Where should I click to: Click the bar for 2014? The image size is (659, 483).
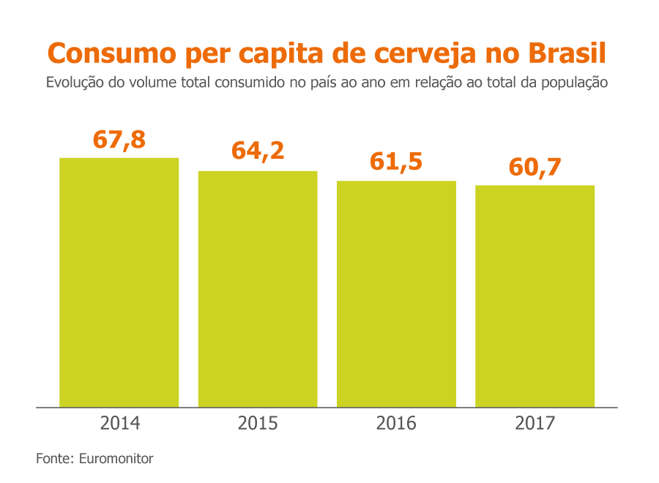pyautogui.click(x=119, y=282)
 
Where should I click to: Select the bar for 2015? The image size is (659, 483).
pyautogui.click(x=258, y=288)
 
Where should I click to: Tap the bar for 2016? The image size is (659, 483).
pyautogui.click(x=396, y=293)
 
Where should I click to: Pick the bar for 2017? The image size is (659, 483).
pyautogui.click(x=535, y=296)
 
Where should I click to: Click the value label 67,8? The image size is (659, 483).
pyautogui.click(x=119, y=139)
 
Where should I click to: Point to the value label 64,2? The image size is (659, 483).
pyautogui.click(x=258, y=151)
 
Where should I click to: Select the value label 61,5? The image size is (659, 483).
pyautogui.click(x=396, y=161)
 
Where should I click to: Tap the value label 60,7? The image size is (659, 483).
pyautogui.click(x=535, y=167)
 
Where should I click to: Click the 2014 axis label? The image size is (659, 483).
pyautogui.click(x=119, y=423)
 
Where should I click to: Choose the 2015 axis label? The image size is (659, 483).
pyautogui.click(x=258, y=423)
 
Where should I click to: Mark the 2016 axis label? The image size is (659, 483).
pyautogui.click(x=396, y=423)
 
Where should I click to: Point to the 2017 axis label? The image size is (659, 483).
pyautogui.click(x=535, y=423)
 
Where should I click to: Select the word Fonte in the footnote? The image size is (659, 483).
pyautogui.click(x=53, y=459)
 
